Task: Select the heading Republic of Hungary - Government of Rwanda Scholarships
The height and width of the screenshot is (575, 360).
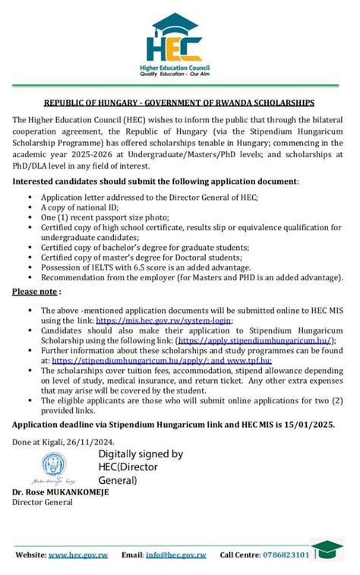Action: click(178, 103)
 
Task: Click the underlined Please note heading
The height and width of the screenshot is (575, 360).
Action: click(36, 292)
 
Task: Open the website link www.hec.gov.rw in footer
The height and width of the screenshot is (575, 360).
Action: click(77, 555)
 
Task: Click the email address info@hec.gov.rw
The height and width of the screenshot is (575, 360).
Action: click(175, 555)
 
